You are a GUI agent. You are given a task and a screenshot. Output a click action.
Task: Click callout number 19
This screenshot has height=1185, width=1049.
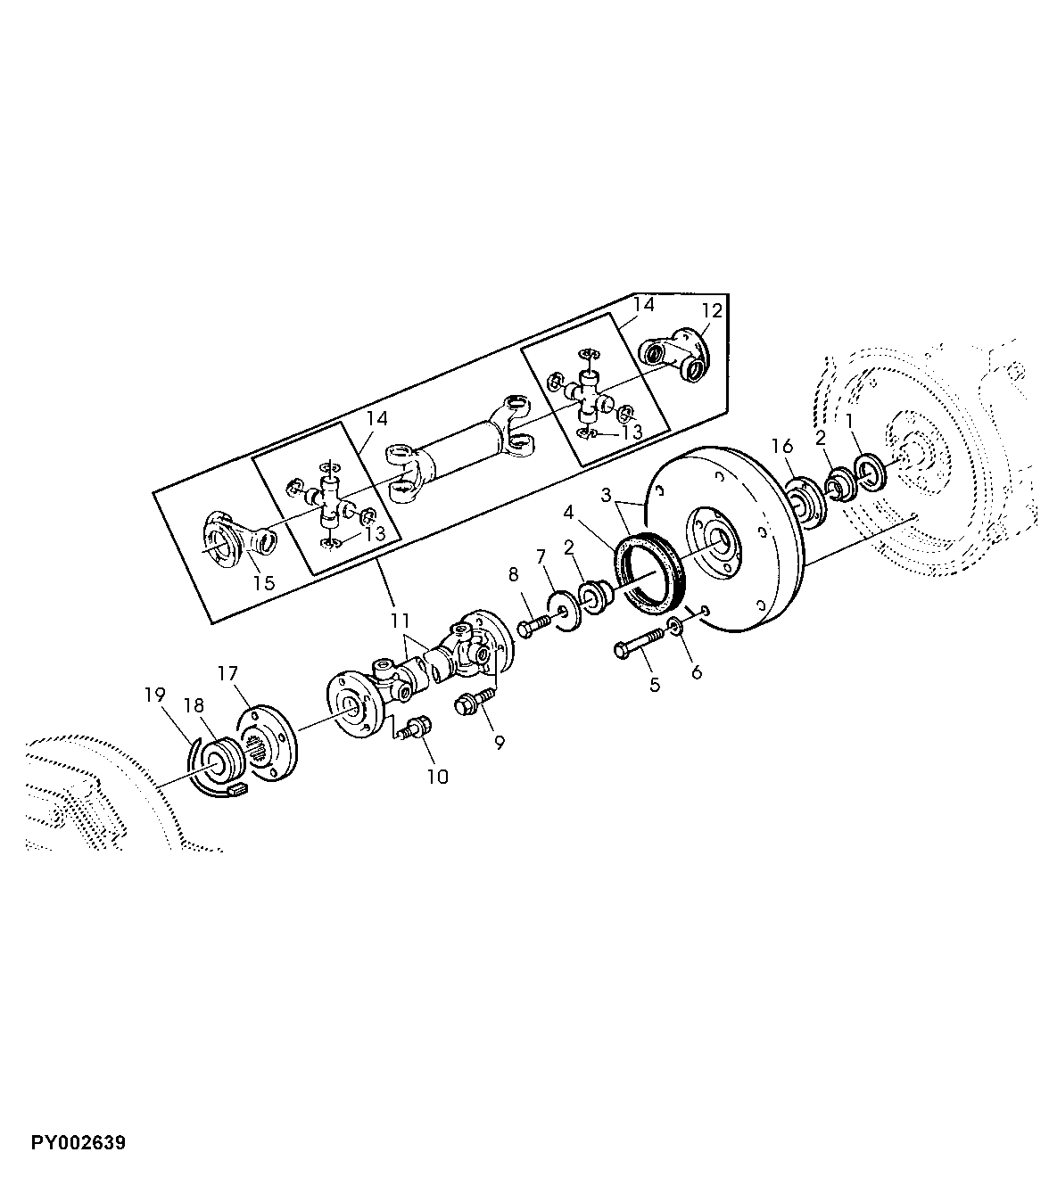tap(155, 694)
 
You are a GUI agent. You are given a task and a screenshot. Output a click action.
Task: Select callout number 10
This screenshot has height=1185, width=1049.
tap(436, 777)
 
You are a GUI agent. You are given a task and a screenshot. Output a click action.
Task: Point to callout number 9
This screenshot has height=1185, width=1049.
tap(499, 742)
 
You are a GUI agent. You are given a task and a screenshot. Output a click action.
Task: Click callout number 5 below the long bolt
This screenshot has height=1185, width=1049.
tap(655, 685)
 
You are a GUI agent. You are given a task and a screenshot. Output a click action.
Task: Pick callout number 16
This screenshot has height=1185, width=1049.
tap(782, 446)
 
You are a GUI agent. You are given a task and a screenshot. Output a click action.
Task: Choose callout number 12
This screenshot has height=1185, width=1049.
tap(711, 311)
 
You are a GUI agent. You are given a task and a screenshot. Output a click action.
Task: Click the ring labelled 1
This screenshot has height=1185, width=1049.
tap(869, 470)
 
